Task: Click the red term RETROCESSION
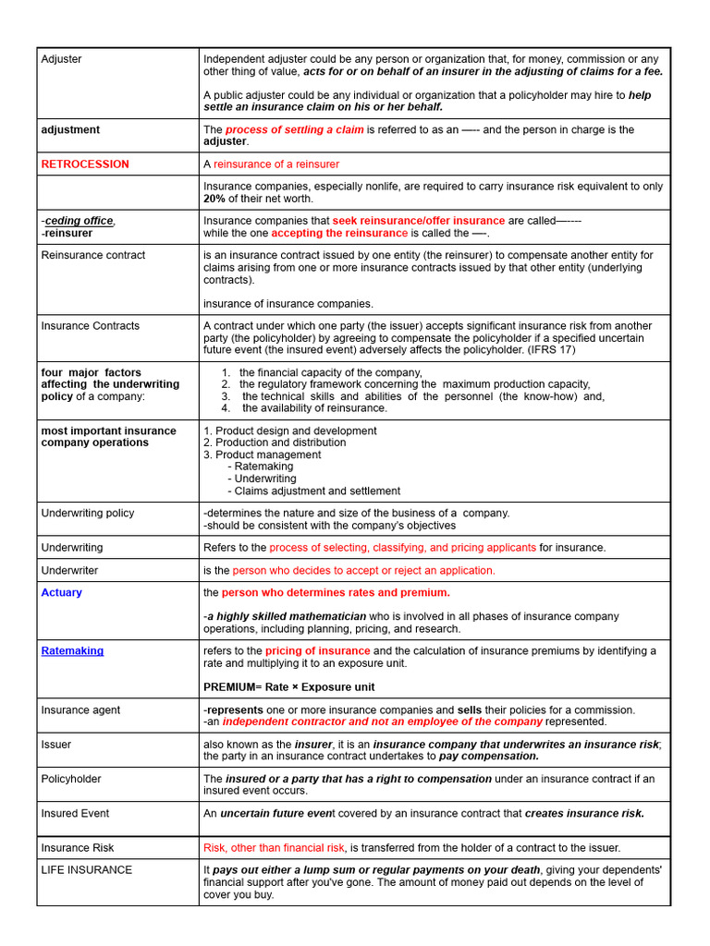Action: click(85, 164)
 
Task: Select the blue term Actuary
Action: click(61, 593)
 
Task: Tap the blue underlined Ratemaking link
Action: click(72, 651)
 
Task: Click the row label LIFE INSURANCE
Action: click(87, 870)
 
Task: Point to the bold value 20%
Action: click(214, 199)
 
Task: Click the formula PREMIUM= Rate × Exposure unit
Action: click(288, 687)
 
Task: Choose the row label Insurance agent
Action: click(80, 710)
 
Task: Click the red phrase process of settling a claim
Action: click(294, 130)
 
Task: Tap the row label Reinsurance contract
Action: click(93, 256)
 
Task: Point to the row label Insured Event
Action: click(75, 814)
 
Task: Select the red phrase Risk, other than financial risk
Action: click(274, 848)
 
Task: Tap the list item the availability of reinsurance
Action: click(314, 408)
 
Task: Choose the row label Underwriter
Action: click(69, 571)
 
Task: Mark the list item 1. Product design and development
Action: click(289, 431)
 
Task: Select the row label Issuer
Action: click(56, 745)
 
